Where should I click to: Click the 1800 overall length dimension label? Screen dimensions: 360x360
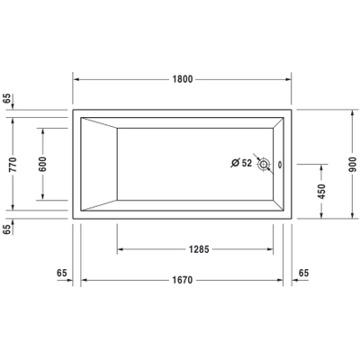[184, 79]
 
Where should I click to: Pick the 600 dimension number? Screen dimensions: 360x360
[42, 164]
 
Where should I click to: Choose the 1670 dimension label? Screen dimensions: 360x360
[184, 281]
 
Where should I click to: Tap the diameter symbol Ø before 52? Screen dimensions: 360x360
[236, 164]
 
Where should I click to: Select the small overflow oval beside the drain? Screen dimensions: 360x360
[279, 165]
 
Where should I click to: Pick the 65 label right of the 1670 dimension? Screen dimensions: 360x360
[303, 271]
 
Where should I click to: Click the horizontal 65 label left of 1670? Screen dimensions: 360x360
[62, 271]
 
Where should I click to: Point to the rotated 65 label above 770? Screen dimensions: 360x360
[7, 99]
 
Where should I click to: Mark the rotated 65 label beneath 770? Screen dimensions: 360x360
[7, 229]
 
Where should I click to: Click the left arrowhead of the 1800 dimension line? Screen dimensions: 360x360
[76, 79]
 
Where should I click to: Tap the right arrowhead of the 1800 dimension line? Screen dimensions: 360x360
[292, 79]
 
